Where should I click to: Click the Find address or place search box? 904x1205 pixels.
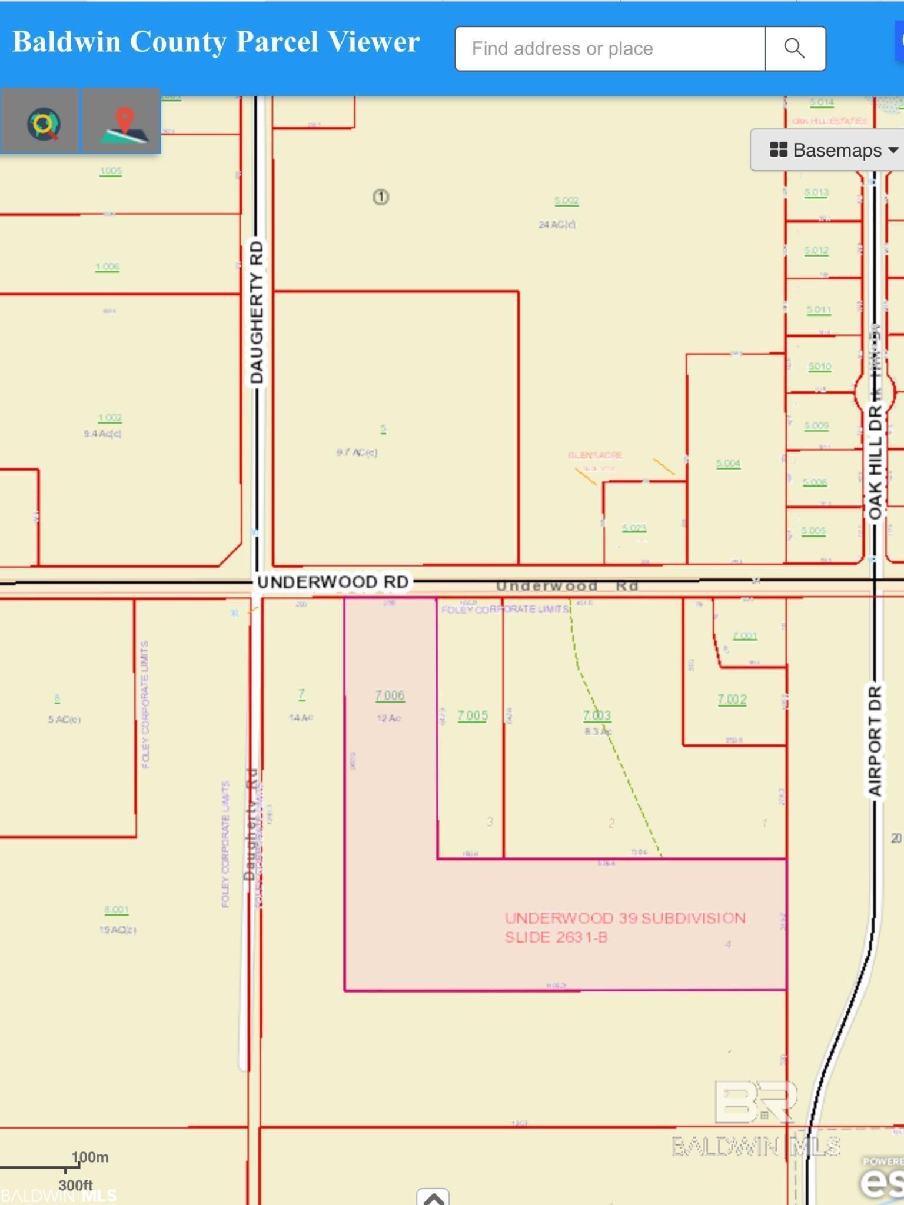(610, 48)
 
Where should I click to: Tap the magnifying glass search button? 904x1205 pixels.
(795, 48)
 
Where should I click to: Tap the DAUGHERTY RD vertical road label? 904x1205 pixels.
(257, 312)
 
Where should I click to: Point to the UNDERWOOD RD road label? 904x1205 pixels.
(333, 582)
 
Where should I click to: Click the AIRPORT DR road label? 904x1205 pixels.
(875, 740)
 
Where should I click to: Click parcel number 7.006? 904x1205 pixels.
(390, 695)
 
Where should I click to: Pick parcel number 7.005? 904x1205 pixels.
(473, 715)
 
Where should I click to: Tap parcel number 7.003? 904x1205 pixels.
(597, 715)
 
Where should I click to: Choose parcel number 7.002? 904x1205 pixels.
(732, 700)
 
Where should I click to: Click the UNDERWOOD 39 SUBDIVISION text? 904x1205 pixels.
(625, 918)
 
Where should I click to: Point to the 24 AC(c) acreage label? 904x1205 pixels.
(557, 224)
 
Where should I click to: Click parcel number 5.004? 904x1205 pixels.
(728, 464)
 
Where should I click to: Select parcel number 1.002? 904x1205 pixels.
(109, 418)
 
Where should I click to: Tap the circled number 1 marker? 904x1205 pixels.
(381, 197)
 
